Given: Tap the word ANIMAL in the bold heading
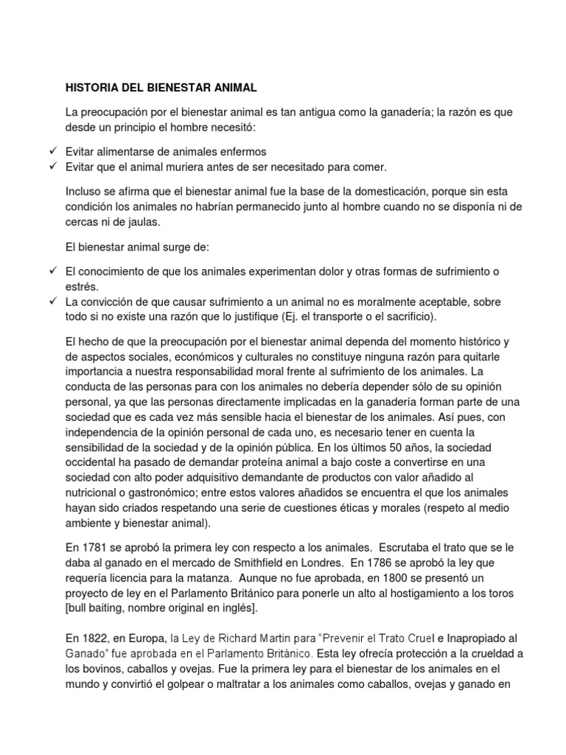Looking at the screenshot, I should [232, 88].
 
